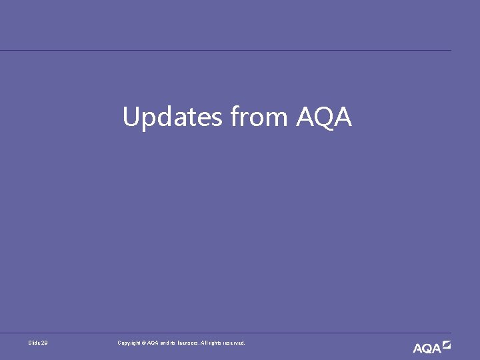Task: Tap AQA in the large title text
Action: [324, 118]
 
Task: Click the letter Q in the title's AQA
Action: [324, 118]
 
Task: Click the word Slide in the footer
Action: [35, 343]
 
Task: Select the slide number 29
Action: [45, 343]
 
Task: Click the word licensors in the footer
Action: [185, 343]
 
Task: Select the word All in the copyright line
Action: [203, 343]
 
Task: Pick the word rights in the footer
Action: [215, 343]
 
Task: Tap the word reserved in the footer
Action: [235, 343]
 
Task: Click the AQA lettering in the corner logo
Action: [427, 348]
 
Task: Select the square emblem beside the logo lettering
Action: [447, 345]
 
